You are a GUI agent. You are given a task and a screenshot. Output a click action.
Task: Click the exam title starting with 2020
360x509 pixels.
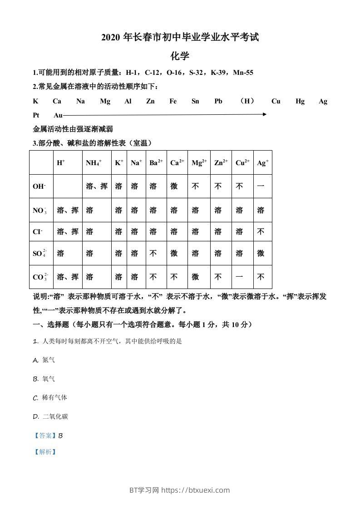pyautogui.click(x=180, y=38)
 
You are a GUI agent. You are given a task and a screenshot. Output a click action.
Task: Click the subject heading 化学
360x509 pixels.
pyautogui.click(x=180, y=56)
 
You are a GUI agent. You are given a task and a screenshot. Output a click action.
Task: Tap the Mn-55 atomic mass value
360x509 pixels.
pyautogui.click(x=243, y=72)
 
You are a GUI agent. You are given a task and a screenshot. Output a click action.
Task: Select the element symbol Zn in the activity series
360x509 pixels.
pyautogui.click(x=150, y=102)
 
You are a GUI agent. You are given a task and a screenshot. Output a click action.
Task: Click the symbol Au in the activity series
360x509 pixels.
pyautogui.click(x=58, y=115)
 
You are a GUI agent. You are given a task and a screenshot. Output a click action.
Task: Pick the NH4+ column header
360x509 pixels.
pyautogui.click(x=94, y=163)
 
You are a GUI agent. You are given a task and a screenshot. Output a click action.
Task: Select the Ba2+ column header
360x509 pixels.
pyautogui.click(x=156, y=163)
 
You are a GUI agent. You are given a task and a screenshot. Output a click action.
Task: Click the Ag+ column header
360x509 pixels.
pyautogui.click(x=263, y=163)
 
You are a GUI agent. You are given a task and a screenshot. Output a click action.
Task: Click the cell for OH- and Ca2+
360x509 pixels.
pyautogui.click(x=174, y=186)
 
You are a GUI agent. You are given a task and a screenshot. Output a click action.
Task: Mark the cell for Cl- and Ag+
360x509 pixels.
pyautogui.click(x=261, y=232)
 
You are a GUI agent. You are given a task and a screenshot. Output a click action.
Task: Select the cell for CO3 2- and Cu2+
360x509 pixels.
pyautogui.click(x=239, y=277)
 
